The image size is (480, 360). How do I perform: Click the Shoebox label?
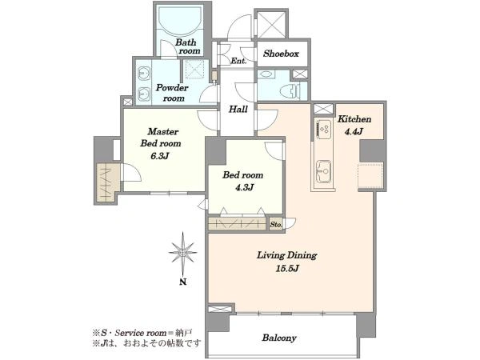[x=281, y=54]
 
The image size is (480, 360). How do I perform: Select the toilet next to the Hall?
[x=290, y=90]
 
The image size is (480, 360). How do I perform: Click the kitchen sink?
[x=323, y=172]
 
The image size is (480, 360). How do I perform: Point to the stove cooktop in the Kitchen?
[x=325, y=129]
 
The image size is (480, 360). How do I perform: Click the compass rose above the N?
[x=182, y=253]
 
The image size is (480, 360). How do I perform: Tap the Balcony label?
[x=279, y=338]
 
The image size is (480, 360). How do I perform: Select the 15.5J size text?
[x=287, y=269]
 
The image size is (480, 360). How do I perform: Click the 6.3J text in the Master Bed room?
[x=160, y=156]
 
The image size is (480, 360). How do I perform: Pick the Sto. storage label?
[x=276, y=224]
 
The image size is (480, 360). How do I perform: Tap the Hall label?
[x=238, y=109]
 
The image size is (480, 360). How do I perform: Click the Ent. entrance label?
[x=238, y=61]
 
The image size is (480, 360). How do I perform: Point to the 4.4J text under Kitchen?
[x=354, y=132]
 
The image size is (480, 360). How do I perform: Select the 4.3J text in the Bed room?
[x=244, y=187]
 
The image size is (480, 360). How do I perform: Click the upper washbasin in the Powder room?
[x=143, y=74]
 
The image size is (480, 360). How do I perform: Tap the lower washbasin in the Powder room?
[x=143, y=94]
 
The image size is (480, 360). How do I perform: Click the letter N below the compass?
[x=182, y=282]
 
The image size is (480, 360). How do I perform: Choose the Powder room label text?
[x=172, y=93]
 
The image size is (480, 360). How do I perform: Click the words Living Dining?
[x=287, y=255]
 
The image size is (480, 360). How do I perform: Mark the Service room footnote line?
[x=142, y=333]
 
